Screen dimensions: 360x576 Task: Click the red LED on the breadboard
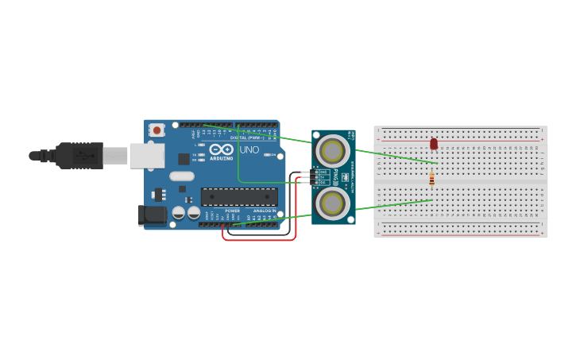click(434, 143)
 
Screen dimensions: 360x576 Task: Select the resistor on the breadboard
click(431, 179)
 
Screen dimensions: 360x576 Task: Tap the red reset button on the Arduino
click(157, 130)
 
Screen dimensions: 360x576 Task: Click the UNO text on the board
click(249, 149)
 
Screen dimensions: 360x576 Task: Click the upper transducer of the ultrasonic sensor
click(332, 150)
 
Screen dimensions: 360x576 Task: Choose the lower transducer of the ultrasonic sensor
click(332, 203)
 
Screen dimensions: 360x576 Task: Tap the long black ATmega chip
click(238, 196)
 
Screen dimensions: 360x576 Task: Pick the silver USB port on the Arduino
click(147, 156)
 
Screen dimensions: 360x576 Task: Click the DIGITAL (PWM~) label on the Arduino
click(246, 137)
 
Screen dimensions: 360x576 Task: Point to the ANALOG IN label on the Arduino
click(265, 211)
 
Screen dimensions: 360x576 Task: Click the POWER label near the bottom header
click(232, 211)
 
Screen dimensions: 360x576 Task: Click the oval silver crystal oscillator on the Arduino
click(181, 176)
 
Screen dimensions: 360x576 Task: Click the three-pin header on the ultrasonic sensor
click(315, 177)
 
